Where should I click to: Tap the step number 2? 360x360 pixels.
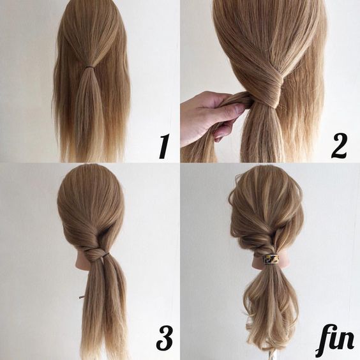(339, 146)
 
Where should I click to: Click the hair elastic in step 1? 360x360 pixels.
(90, 67)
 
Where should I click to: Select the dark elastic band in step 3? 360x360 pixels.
(105, 255)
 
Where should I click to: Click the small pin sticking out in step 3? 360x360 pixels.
(81, 298)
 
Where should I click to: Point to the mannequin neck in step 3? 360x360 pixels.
(81, 264)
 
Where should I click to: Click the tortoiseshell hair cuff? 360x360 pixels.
(271, 259)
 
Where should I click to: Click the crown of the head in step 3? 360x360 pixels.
(91, 177)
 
